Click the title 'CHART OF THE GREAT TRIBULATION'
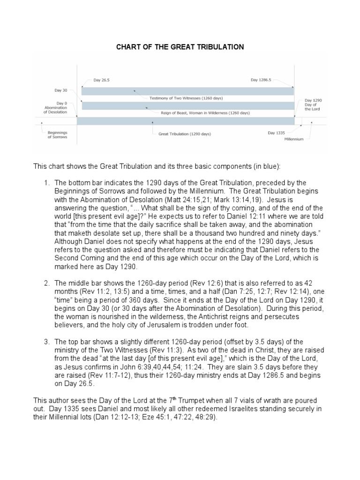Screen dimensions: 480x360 (x=180, y=47)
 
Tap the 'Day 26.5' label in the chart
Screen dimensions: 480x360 (x=102, y=81)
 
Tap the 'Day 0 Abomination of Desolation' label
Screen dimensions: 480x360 (x=56, y=107)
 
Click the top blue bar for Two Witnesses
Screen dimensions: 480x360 (x=187, y=90)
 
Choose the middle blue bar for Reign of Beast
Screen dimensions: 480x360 (x=187, y=106)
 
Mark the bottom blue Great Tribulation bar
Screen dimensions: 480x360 (x=185, y=121)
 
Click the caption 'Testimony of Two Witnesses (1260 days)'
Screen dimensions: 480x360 (x=186, y=98)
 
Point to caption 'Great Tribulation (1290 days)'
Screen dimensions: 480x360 (x=185, y=134)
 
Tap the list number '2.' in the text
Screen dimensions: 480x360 (x=47, y=283)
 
